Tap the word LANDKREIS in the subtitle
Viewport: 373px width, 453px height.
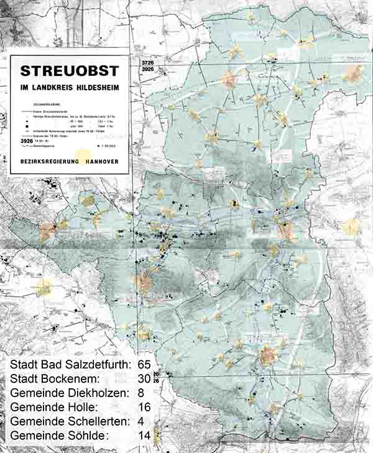click(x=60, y=86)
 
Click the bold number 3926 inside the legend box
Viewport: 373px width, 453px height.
click(x=23, y=142)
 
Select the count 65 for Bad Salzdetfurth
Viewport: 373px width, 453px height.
click(x=144, y=365)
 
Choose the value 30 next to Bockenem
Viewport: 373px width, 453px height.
click(x=144, y=379)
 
